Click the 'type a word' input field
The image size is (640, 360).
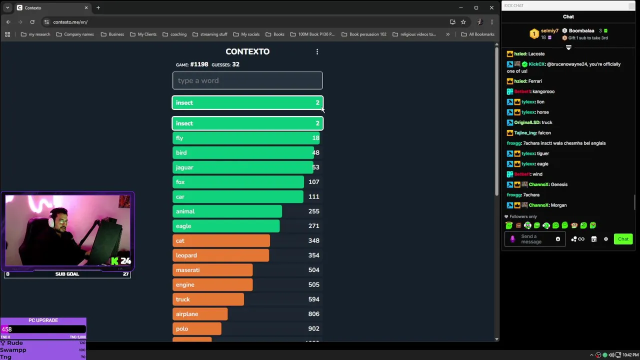point(247,80)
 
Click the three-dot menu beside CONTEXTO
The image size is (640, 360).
point(317,51)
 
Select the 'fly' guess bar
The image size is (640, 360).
point(245,138)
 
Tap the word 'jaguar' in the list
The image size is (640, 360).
point(184,167)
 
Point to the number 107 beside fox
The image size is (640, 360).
point(313,182)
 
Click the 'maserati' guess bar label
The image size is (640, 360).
point(187,270)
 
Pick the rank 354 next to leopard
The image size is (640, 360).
point(313,255)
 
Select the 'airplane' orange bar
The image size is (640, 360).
point(200,314)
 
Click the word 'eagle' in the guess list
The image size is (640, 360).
point(183,226)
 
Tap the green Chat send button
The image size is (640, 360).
point(623,239)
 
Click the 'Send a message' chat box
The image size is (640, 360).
point(531,239)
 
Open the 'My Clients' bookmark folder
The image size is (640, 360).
point(143,34)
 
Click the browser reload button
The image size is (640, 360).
point(32,22)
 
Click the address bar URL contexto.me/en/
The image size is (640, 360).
point(70,22)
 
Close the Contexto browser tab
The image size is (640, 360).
point(86,8)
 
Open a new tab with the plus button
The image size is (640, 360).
point(98,8)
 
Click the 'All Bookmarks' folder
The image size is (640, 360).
point(477,34)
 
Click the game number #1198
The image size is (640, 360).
point(199,64)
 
